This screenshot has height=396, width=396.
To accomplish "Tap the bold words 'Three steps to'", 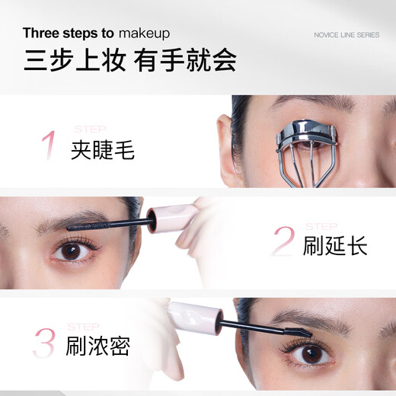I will (68, 34).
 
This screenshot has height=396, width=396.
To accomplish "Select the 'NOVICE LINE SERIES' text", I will (346, 34).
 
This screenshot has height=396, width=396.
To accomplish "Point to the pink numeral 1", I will (49, 145).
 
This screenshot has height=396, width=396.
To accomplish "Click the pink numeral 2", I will (283, 242).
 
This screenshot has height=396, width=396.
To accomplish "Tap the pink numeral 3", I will (44, 343).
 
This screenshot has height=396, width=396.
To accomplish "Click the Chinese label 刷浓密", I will (97, 346).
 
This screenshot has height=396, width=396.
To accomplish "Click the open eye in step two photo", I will (73, 251).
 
